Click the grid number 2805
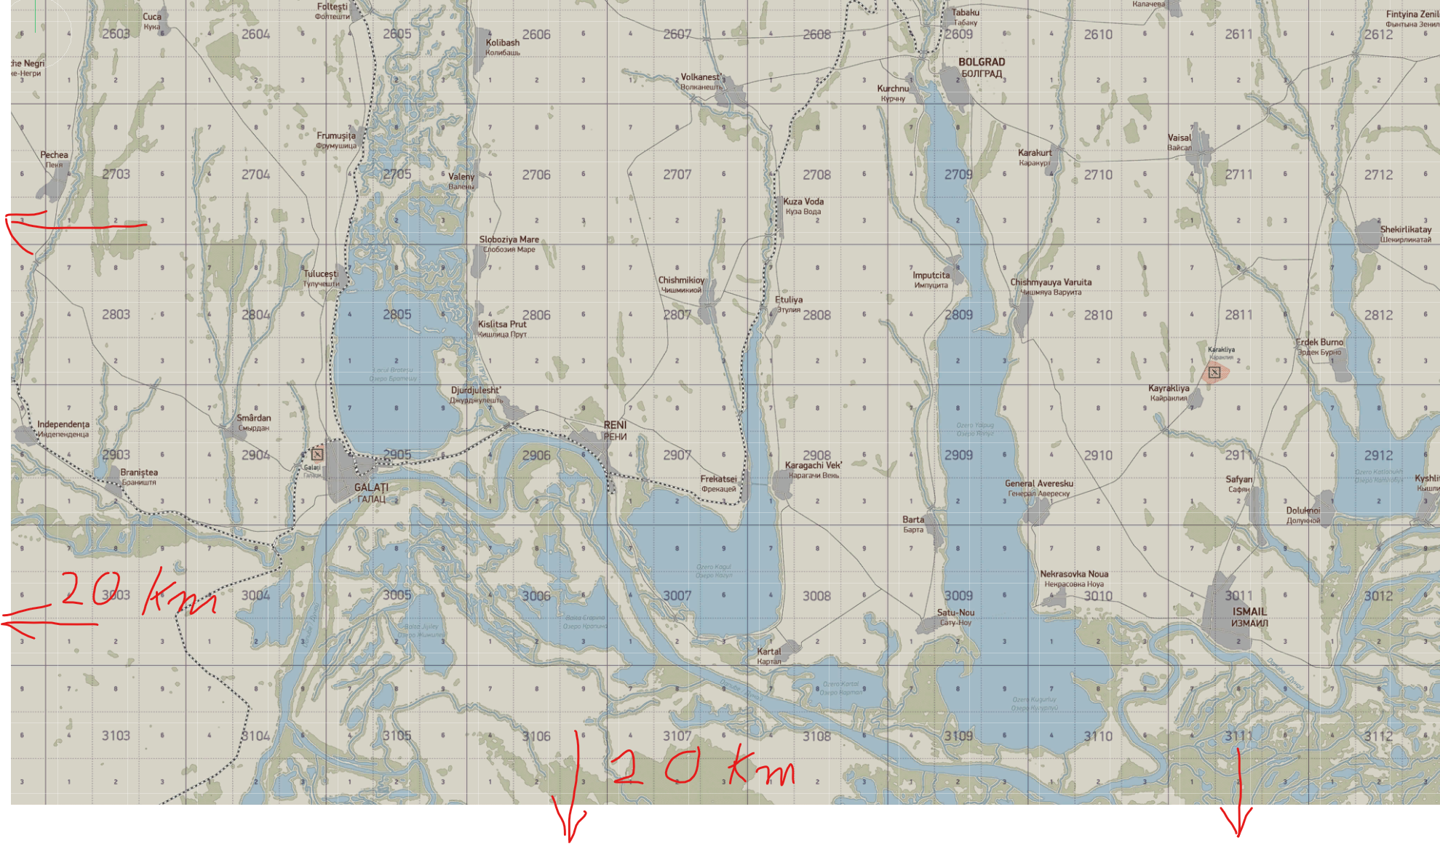[397, 314]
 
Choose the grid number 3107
[677, 736]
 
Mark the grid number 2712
[1378, 175]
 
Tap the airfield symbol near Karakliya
[1214, 373]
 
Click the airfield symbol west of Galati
[317, 454]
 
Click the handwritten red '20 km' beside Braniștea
[138, 593]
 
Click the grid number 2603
[116, 33]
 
